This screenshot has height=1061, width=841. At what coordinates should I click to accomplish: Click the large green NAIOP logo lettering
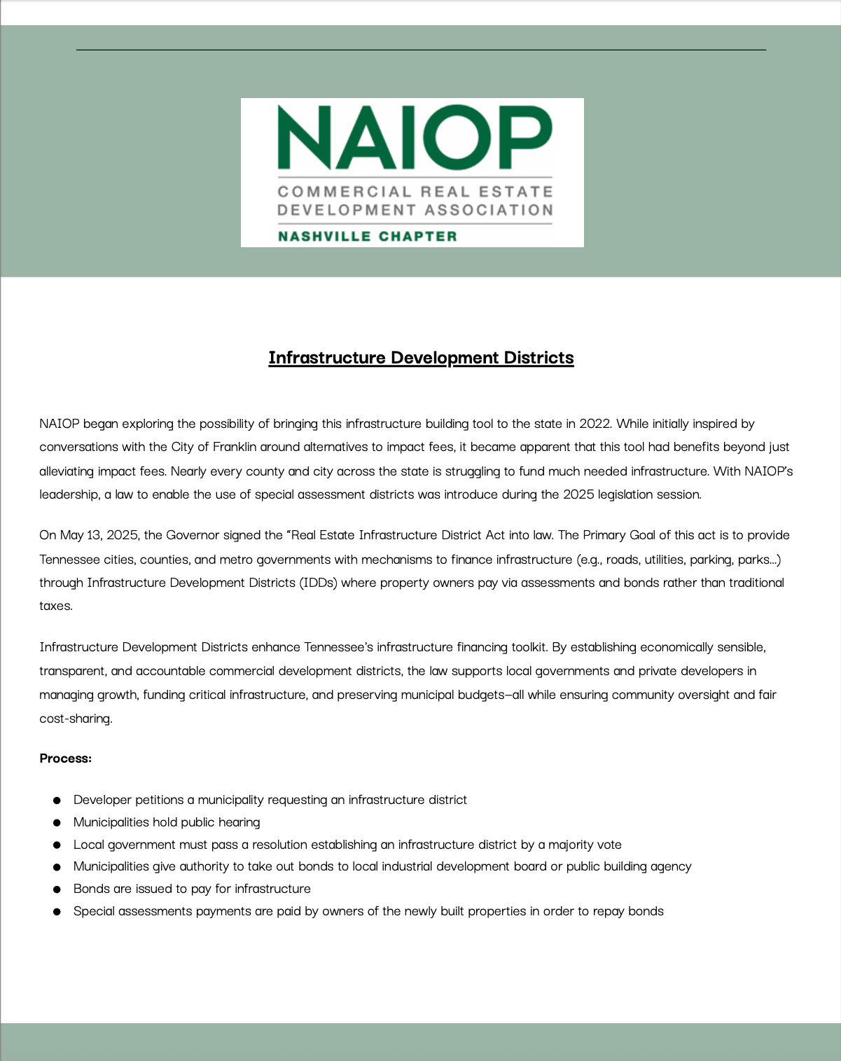(415, 137)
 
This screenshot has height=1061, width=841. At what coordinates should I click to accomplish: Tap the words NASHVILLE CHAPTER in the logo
(367, 237)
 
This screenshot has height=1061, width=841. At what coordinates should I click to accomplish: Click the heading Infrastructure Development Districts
(421, 358)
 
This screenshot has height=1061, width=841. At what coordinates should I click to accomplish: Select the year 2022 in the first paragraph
(594, 424)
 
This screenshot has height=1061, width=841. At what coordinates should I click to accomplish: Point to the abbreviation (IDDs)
(318, 583)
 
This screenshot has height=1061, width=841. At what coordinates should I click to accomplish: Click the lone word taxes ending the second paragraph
(55, 606)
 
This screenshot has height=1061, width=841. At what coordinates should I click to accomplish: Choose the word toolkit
(522, 647)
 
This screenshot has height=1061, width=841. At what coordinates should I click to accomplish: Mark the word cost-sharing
(76, 719)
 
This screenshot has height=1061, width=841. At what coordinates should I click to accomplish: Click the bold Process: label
(65, 758)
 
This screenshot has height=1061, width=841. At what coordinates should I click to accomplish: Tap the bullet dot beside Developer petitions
(57, 800)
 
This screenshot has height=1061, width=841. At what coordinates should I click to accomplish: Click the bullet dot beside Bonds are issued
(57, 889)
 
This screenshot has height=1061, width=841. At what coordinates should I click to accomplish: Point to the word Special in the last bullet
(94, 911)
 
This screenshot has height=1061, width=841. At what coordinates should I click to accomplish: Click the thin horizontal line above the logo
(421, 50)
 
